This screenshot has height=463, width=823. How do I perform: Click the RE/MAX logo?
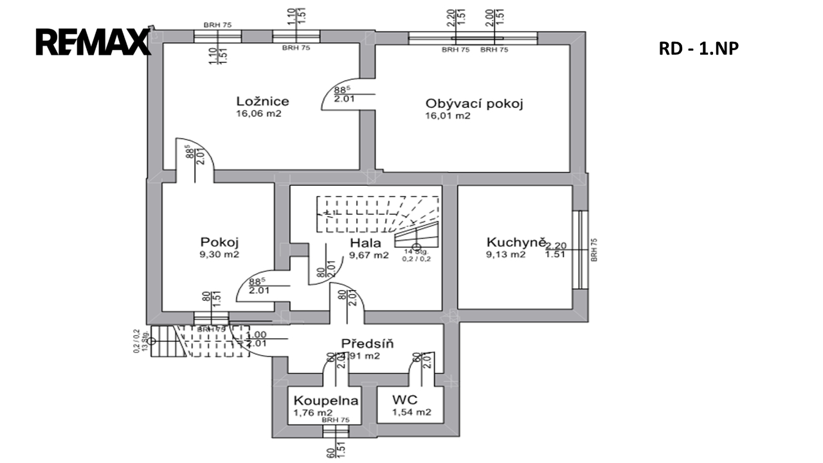(93, 42)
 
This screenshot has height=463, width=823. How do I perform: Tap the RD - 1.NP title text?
(698, 49)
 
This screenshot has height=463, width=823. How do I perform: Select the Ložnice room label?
(262, 101)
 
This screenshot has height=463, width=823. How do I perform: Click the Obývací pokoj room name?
(473, 104)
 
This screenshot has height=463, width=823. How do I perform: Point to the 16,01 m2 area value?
(448, 116)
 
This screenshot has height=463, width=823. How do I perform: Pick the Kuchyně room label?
(516, 242)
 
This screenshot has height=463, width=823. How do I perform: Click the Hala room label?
(365, 243)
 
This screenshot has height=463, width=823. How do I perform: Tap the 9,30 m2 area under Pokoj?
(219, 255)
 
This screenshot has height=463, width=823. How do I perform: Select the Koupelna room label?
(325, 400)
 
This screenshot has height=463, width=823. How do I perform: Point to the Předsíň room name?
(368, 343)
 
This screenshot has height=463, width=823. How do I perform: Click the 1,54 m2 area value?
(411, 412)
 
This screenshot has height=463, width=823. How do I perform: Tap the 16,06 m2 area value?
(259, 114)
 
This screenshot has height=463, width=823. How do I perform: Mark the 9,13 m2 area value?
(506, 255)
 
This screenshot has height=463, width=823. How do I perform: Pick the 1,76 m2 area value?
(313, 413)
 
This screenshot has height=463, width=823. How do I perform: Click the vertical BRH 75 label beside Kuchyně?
(594, 250)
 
